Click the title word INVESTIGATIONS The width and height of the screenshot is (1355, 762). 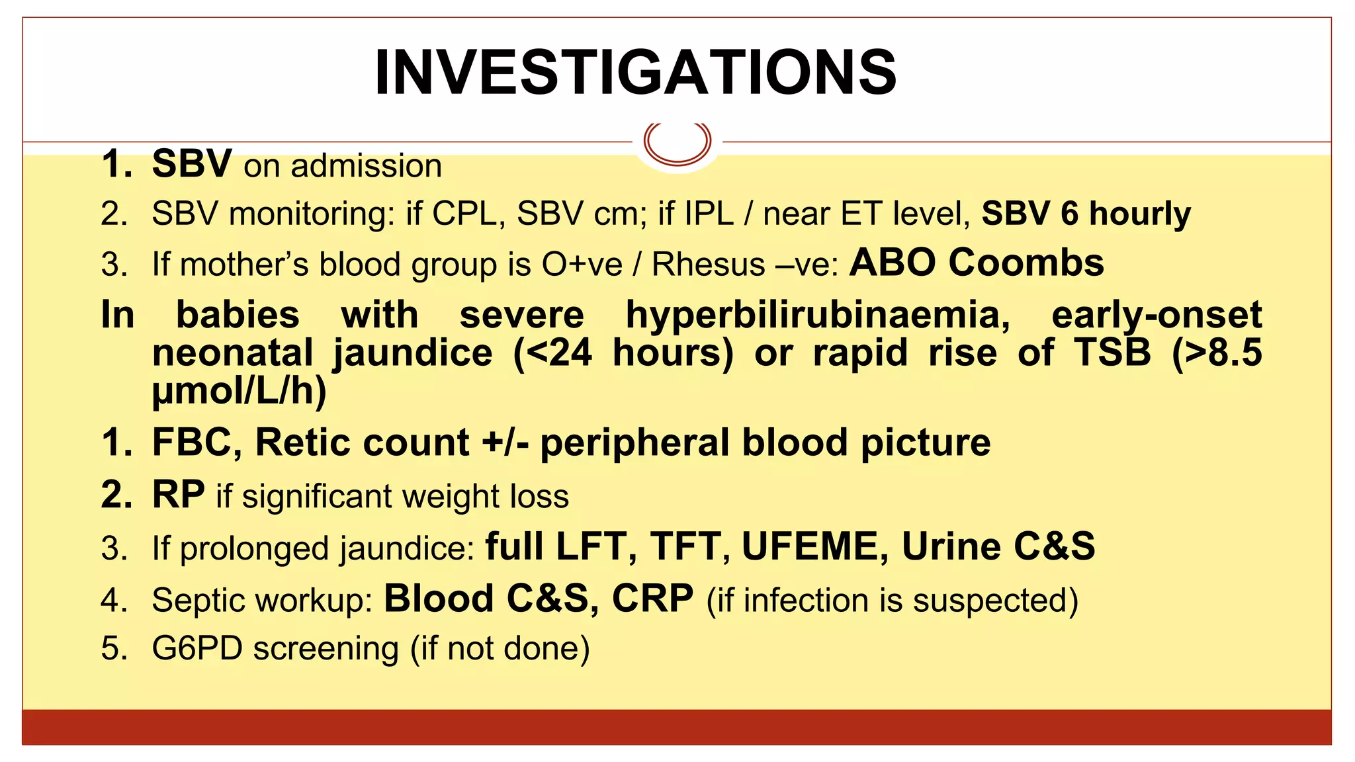[635, 73]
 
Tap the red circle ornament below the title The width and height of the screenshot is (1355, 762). [677, 142]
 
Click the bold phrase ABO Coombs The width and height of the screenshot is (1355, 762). [977, 263]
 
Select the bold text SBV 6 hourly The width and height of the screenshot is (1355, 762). [1086, 214]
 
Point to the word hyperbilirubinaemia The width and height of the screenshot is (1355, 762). [818, 315]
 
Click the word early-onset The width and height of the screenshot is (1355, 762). [1157, 315]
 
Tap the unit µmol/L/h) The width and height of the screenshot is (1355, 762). [240, 390]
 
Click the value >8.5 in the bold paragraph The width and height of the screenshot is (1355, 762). [1217, 353]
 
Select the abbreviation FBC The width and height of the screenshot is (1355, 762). [197, 443]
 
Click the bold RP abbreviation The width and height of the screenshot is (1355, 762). [178, 494]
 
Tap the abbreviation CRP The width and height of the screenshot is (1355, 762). [652, 599]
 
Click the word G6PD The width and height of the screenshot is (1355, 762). [197, 648]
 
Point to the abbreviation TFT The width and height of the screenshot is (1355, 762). [685, 547]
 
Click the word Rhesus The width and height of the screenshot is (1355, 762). [708, 265]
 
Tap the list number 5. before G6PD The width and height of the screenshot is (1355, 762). [114, 648]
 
